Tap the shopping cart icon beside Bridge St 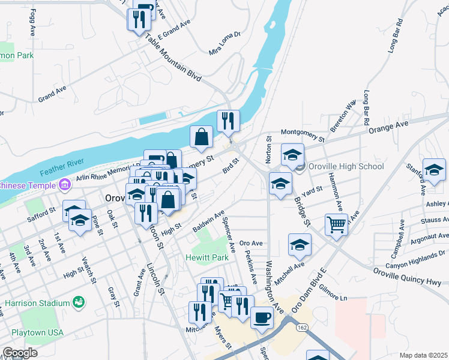pyautogui.click(x=337, y=225)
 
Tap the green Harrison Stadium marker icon pyautogui.click(x=78, y=301)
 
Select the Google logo pyautogui.click(x=19, y=353)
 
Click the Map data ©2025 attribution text pyautogui.click(x=423, y=355)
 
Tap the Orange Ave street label pyautogui.click(x=388, y=127)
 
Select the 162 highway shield pyautogui.click(x=302, y=326)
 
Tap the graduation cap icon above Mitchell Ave pyautogui.click(x=300, y=244)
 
